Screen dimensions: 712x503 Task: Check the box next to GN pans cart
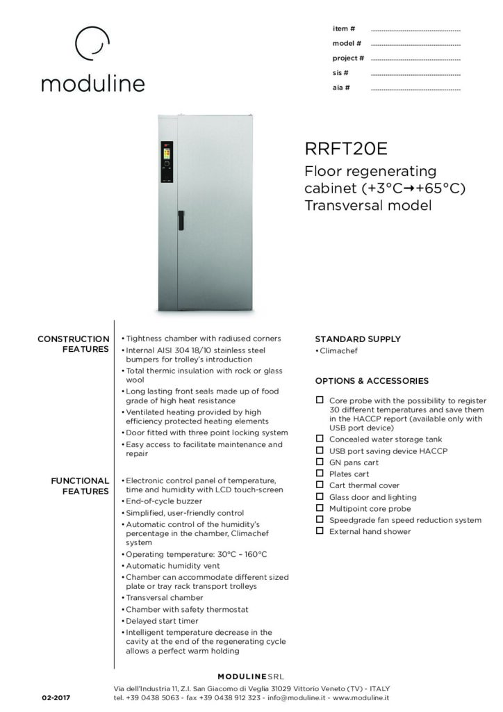point(320,462)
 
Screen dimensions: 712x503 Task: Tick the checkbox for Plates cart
point(320,474)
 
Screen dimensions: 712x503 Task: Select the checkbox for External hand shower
point(320,531)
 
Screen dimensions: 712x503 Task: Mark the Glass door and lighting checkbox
point(320,496)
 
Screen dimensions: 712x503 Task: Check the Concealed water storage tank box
point(320,439)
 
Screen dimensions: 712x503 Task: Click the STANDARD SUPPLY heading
point(357,339)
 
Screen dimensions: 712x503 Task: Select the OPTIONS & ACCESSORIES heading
point(372,381)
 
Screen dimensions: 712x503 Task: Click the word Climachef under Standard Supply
point(340,352)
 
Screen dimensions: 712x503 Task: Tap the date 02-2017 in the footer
point(56,697)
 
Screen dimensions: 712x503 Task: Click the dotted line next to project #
point(415,59)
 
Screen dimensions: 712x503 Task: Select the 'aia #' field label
point(340,88)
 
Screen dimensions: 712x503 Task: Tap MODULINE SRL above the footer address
point(251,676)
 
